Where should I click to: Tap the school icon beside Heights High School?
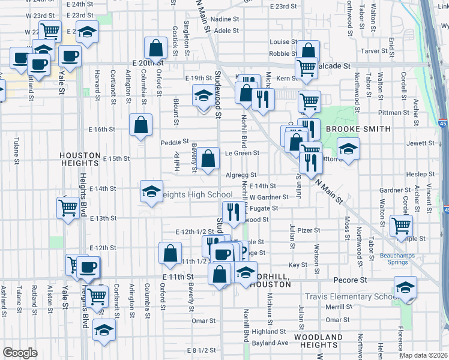pyautogui.click(x=151, y=191)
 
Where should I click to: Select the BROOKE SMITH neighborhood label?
pyautogui.click(x=358, y=129)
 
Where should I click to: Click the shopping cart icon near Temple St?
pyautogui.click(x=401, y=226)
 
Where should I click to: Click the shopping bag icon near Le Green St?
pyautogui.click(x=208, y=159)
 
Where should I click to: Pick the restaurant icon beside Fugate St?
pyautogui.click(x=232, y=211)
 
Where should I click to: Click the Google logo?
pyautogui.click(x=20, y=353)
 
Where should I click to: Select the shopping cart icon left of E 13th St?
pyautogui.click(x=68, y=208)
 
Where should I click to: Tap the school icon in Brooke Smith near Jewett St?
pyautogui.click(x=348, y=148)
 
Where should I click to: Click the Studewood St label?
pyautogui.click(x=218, y=94)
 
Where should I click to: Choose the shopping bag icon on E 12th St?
pyautogui.click(x=170, y=252)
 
